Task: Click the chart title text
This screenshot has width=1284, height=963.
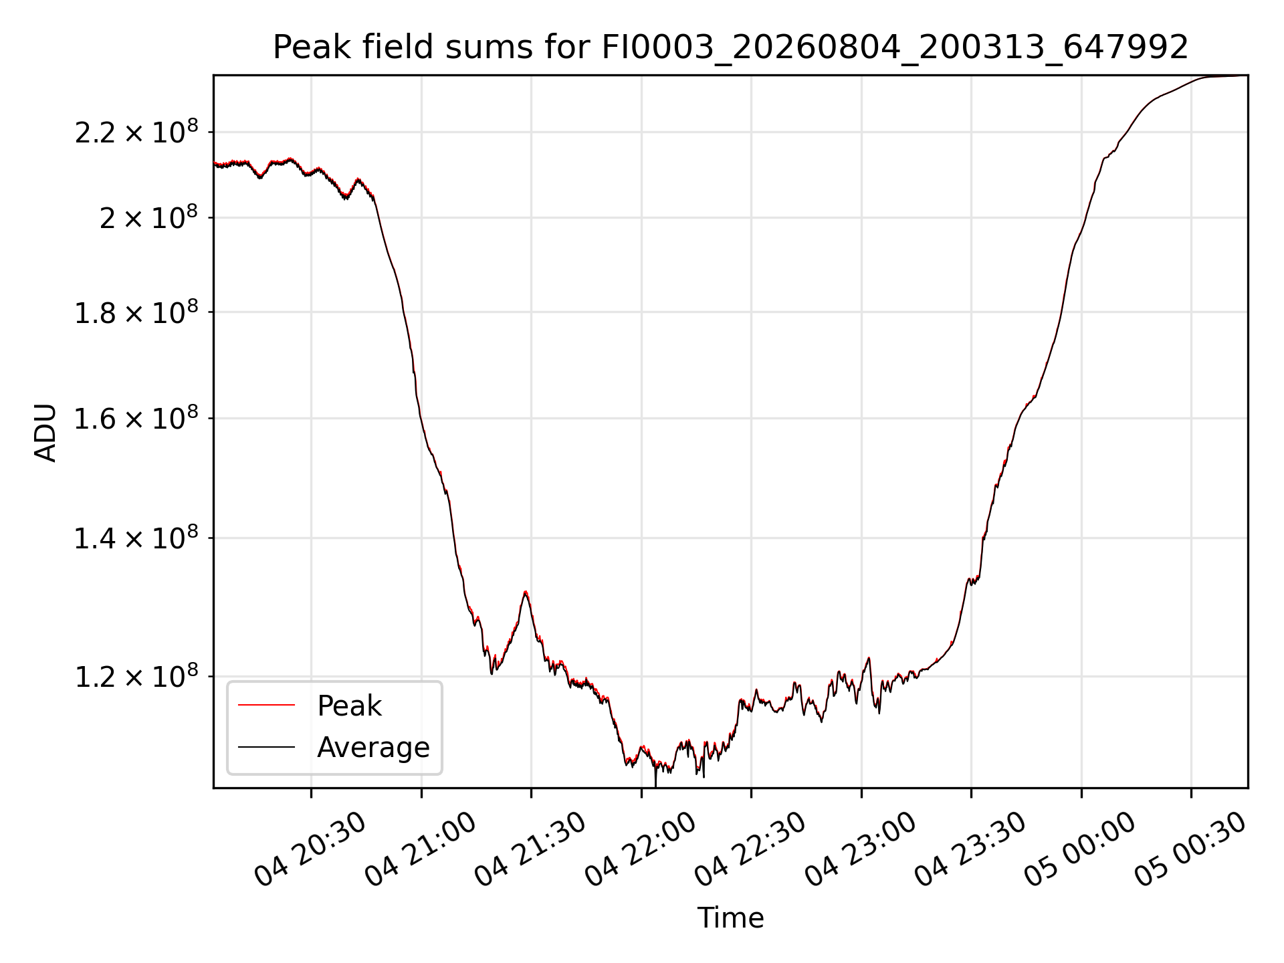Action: tap(730, 47)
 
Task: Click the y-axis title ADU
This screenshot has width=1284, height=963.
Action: tap(45, 433)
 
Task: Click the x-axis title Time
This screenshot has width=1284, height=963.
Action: tap(730, 918)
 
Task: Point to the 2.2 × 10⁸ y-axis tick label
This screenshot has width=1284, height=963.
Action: tap(136, 131)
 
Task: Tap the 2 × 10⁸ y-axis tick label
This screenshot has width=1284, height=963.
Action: tap(148, 217)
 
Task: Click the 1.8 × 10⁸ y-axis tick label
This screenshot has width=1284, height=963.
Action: tap(136, 312)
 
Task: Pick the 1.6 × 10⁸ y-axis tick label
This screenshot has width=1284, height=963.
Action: tap(136, 419)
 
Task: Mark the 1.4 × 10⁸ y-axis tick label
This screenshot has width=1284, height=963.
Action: tap(136, 538)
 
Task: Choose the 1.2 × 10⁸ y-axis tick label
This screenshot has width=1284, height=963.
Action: tap(136, 676)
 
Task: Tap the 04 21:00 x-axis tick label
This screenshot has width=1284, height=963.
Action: tap(421, 849)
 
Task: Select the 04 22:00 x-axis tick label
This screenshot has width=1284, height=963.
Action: tap(641, 849)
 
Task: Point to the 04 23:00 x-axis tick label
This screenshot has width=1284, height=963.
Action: tap(861, 849)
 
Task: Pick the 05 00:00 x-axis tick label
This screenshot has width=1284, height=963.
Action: tap(1081, 849)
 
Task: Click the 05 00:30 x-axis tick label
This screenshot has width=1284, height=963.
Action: tap(1191, 849)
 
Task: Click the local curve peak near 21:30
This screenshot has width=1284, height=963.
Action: tap(526, 592)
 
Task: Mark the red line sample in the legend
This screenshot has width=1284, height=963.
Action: tap(266, 705)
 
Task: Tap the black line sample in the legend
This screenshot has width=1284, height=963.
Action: tap(266, 746)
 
